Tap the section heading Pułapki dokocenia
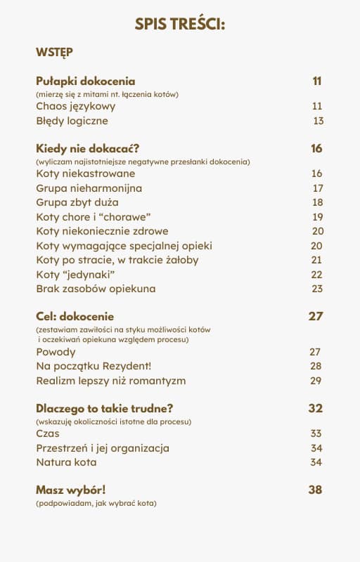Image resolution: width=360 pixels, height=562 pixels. point(85,81)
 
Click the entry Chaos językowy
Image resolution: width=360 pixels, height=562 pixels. point(75,106)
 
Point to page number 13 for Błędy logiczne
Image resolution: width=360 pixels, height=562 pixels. point(318,121)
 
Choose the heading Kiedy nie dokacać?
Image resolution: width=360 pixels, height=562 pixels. point(87,148)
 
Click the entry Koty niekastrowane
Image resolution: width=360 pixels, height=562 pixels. point(85,174)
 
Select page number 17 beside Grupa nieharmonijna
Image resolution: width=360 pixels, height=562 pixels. point(318,188)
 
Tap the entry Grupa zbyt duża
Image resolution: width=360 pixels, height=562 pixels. point(82,202)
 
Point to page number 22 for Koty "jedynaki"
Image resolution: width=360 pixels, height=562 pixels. point(317,275)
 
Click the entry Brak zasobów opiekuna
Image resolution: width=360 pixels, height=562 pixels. point(96,289)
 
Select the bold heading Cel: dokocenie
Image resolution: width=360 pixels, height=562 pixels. point(75,316)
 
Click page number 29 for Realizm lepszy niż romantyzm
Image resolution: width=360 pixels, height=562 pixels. point(316,381)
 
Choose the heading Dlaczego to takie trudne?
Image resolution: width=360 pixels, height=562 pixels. point(104,408)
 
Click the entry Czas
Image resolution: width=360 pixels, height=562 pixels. point(48,433)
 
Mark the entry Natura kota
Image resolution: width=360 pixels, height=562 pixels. point(66,462)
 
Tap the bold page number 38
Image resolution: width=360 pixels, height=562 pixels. point(315,490)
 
